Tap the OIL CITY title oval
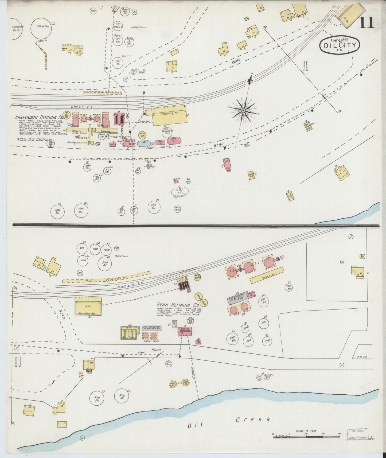340,45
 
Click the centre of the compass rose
243,110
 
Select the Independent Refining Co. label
39,117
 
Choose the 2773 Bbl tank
154,207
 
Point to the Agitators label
180,196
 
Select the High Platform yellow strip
106,277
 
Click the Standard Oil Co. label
17,28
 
